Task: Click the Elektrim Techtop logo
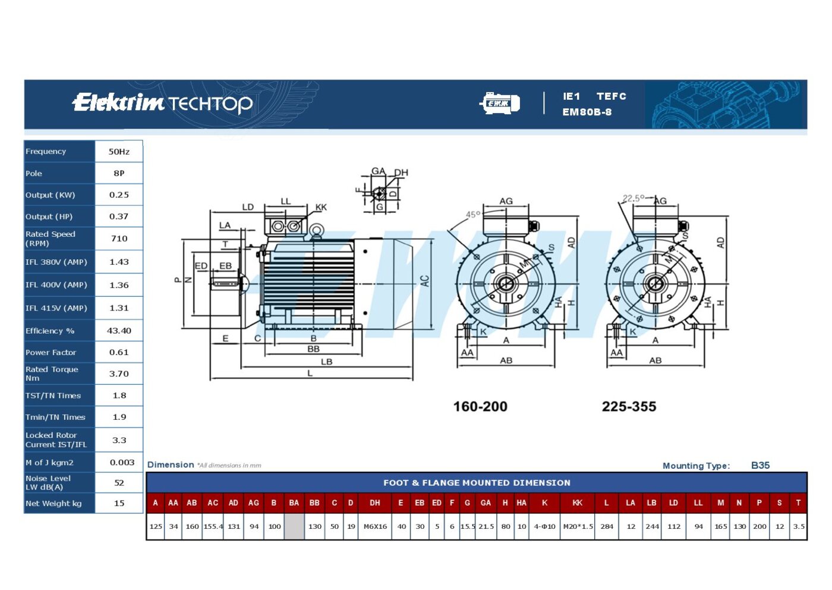pos(162,103)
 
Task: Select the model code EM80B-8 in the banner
pos(587,112)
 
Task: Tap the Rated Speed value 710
pos(119,238)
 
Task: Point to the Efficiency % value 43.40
pos(119,331)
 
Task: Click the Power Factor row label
pos(51,353)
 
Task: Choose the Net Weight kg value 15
pos(119,503)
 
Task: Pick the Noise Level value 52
pos(119,482)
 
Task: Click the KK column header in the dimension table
pos(577,503)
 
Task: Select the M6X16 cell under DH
pos(375,526)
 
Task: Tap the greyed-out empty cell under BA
pos(294,526)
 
